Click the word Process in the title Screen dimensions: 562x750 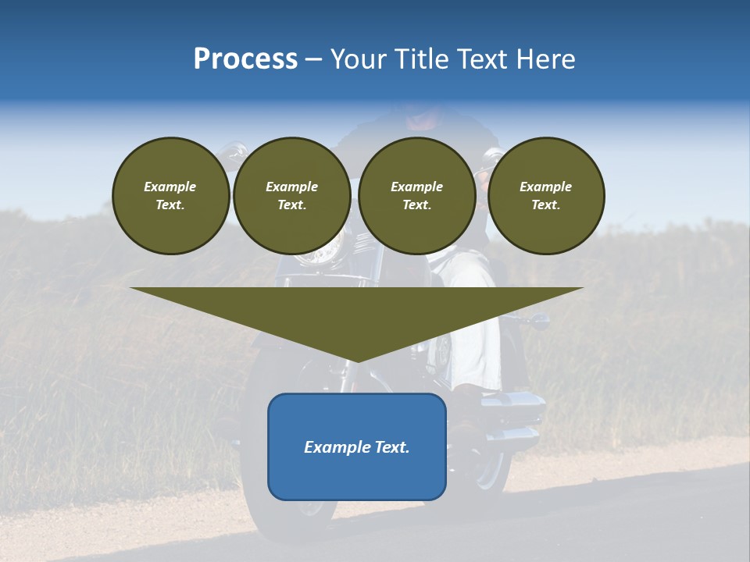[245, 59]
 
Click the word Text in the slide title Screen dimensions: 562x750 [485, 59]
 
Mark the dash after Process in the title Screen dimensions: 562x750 [313, 60]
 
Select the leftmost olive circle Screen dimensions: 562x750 [170, 196]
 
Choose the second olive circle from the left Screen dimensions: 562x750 [291, 196]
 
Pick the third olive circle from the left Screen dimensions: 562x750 [416, 196]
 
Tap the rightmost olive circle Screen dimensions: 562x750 [545, 196]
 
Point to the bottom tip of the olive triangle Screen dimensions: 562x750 [357, 361]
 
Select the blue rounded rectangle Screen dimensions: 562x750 [357, 446]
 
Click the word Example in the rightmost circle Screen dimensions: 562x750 [545, 187]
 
